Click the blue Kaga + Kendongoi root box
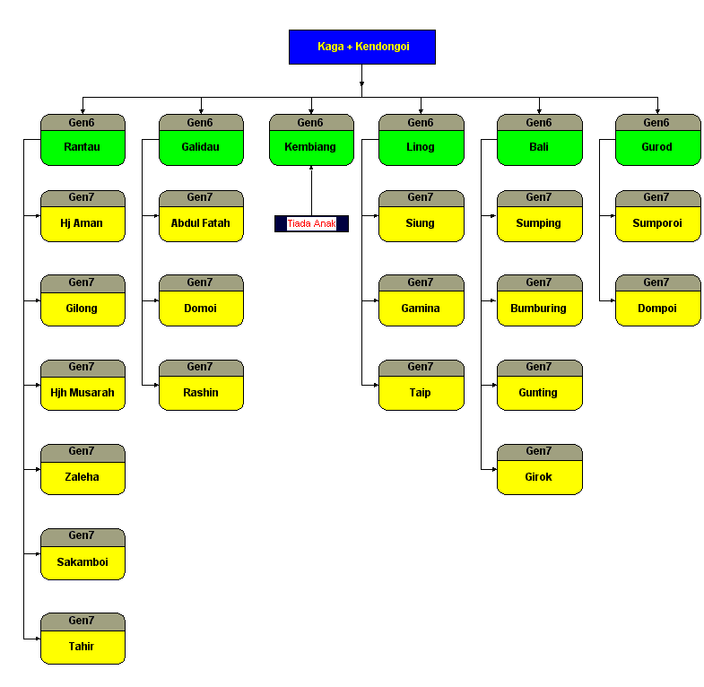point(362,47)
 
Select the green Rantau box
point(83,147)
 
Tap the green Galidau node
point(201,147)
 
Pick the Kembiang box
point(310,147)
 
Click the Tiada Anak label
point(311,223)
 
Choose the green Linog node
point(421,147)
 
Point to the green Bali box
point(539,147)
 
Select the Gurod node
point(657,147)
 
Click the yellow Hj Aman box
point(83,223)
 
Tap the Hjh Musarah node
point(83,393)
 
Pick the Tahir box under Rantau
point(83,647)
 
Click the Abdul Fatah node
point(201,223)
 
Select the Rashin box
point(201,393)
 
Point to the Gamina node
point(421,309)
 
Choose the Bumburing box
point(539,309)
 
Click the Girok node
point(539,477)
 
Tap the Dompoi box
point(657,309)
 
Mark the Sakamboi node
point(83,562)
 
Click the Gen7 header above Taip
point(421,367)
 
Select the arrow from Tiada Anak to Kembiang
point(311,190)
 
